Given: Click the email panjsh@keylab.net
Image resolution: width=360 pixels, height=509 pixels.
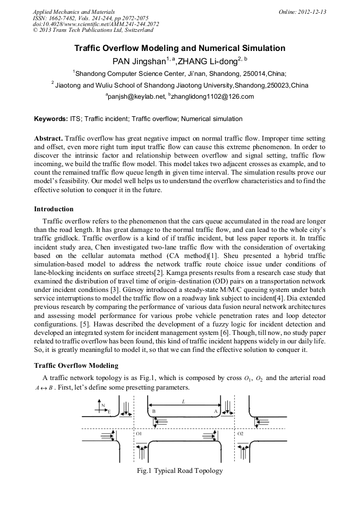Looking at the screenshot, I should [x=136, y=97].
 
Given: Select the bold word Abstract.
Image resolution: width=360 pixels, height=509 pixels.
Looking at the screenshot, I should [x=48, y=138].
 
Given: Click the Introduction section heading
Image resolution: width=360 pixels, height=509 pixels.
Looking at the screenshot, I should [x=54, y=209].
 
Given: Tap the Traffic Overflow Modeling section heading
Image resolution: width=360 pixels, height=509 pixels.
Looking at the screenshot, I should [x=76, y=366].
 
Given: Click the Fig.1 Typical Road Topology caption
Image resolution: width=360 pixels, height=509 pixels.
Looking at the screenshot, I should [x=179, y=471].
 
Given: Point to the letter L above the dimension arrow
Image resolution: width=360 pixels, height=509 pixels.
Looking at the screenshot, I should [x=184, y=402].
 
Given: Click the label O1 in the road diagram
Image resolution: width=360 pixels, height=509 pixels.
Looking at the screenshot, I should [x=139, y=434].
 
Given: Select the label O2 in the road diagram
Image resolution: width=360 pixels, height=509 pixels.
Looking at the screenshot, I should [x=241, y=434].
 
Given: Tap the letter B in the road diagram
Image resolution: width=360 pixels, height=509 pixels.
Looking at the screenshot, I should [x=154, y=411].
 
